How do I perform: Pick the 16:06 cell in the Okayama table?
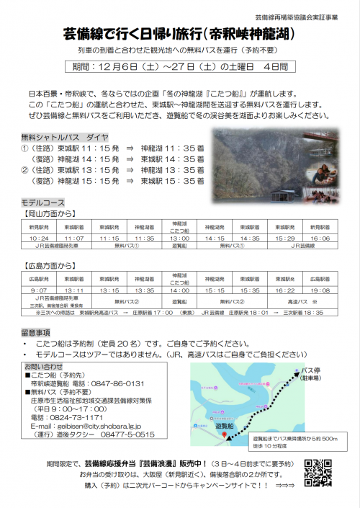(321, 237)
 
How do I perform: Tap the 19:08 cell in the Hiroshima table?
(321, 290)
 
